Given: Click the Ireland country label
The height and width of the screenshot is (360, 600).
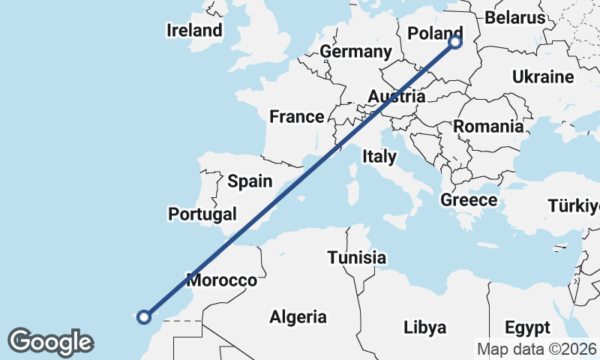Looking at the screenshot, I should coord(195,30).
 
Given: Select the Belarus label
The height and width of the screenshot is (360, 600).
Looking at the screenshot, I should coord(514,17).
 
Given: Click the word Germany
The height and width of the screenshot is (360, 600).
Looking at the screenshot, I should coord(355,52).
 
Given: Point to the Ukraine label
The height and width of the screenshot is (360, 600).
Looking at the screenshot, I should coord(543,76).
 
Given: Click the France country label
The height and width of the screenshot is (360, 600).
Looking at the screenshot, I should coord(296,116).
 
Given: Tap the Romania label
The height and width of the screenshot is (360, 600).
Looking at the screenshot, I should coord(487,126).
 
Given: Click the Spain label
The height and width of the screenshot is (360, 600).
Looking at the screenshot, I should coord(250,181).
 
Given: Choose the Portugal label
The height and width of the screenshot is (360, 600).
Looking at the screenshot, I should coord(202,214).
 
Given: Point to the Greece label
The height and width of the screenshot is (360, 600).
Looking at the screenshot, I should coord(469,199).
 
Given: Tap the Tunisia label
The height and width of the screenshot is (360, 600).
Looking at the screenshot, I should coord(356,258).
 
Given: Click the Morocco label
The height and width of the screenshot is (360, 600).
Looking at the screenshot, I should coord(221,280).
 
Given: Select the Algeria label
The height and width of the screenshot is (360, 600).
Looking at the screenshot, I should coord(298,316).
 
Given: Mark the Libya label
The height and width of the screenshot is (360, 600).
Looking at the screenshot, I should coord(424,328).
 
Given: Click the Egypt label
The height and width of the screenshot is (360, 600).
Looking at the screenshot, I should coord(527,328).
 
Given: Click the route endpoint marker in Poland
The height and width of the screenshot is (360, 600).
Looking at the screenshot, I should coord(455,43).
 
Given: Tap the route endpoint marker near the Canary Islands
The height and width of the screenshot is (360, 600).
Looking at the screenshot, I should coord(145,316).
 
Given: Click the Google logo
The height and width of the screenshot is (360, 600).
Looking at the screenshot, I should coord(50,342).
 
